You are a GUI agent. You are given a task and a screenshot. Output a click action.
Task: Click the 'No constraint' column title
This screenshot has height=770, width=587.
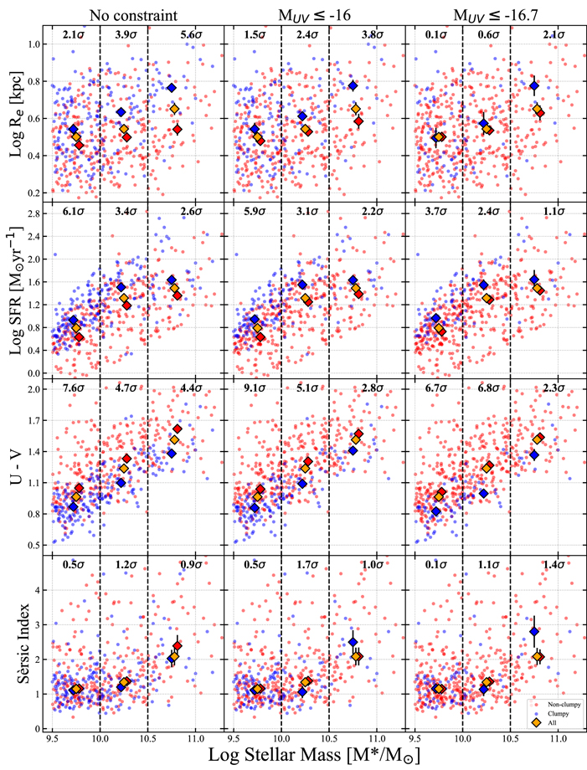pos(137,13)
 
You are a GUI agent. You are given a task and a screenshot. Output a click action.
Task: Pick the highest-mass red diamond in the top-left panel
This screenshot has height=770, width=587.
pos(178,129)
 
